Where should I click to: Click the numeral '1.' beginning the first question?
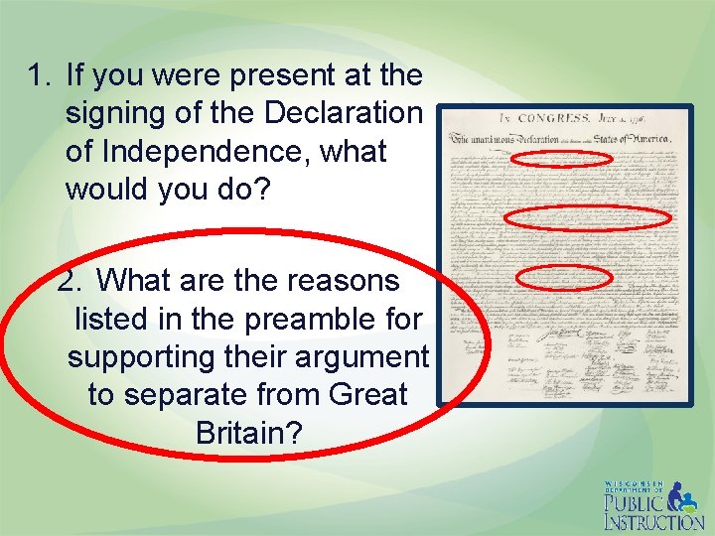pyautogui.click(x=40, y=75)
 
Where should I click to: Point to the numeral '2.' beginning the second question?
pyautogui.click(x=70, y=281)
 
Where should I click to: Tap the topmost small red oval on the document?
pyautogui.click(x=562, y=159)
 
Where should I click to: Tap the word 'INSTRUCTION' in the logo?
pyautogui.click(x=654, y=521)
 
